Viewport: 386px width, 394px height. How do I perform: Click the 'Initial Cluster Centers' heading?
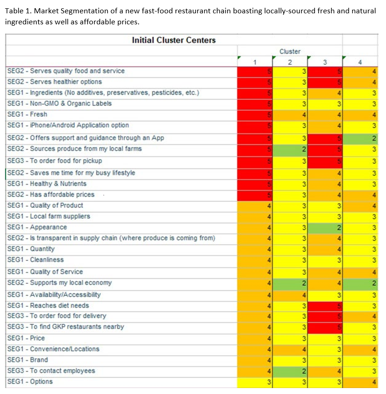[173, 40]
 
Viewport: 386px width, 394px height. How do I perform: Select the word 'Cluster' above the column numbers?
[290, 51]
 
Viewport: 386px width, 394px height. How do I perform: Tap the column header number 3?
[324, 62]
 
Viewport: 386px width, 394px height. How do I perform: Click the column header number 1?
[255, 62]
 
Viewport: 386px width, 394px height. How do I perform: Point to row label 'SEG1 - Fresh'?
[27, 114]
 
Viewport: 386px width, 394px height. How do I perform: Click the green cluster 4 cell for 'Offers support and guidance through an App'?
[360, 138]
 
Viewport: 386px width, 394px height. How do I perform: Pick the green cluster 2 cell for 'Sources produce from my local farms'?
[290, 149]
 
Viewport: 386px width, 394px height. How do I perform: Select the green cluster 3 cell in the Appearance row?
[324, 227]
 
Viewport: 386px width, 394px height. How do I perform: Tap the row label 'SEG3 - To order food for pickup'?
[55, 161]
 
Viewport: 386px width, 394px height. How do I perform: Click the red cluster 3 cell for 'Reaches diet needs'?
[324, 305]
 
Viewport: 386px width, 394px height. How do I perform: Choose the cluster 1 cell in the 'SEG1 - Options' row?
[255, 382]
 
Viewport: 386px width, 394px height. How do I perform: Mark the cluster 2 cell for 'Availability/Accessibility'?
[290, 295]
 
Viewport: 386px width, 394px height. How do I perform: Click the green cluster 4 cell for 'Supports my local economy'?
[360, 283]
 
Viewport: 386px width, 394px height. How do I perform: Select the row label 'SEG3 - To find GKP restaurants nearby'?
[65, 327]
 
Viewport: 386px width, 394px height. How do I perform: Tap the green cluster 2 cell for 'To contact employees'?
[290, 371]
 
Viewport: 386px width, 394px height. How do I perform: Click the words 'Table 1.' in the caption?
[17, 11]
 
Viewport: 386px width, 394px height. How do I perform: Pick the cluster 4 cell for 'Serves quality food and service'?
[360, 71]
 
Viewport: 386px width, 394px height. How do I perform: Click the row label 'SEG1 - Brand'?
[28, 360]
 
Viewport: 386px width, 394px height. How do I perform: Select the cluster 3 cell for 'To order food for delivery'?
[324, 316]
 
